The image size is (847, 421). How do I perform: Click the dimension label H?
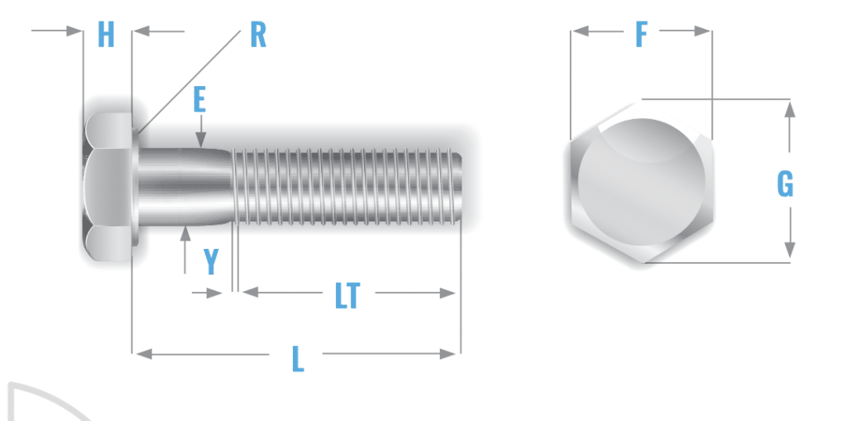[107, 35]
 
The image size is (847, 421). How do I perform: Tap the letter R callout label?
[258, 35]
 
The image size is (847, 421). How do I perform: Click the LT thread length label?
[347, 295]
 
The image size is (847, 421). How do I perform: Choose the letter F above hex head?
[641, 35]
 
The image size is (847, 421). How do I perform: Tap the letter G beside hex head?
[785, 184]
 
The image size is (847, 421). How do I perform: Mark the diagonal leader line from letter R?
[190, 79]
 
